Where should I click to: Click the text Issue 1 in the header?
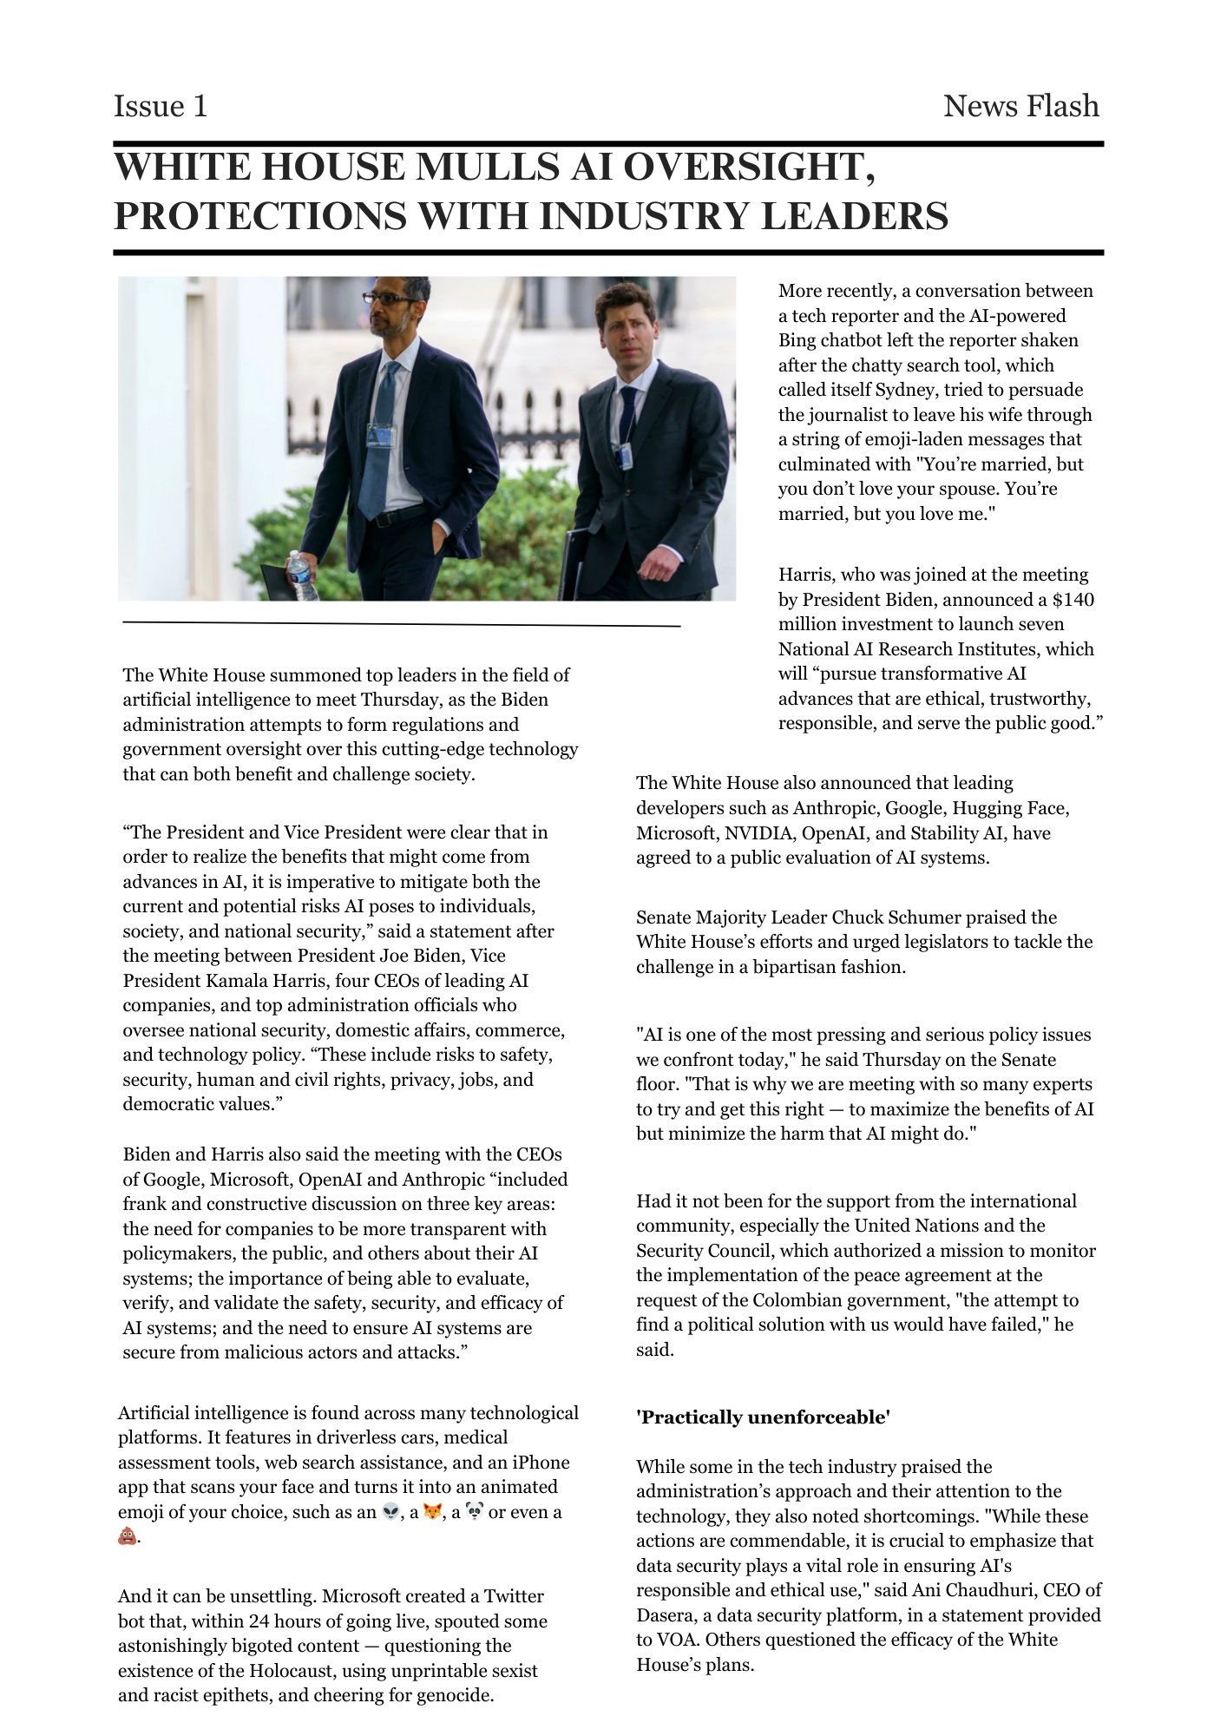tap(161, 106)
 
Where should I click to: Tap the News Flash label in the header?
tap(1020, 106)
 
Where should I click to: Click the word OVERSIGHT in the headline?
tap(748, 167)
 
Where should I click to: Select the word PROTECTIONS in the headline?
tap(260, 216)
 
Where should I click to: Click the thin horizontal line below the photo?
tap(401, 623)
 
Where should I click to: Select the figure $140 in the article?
tap(1073, 600)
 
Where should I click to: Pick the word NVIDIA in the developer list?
tap(760, 833)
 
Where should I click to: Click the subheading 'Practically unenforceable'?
tap(764, 1417)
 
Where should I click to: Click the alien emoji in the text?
tap(391, 1512)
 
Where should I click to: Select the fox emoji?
tap(432, 1512)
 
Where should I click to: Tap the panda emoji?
tap(475, 1512)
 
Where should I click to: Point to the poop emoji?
tap(128, 1537)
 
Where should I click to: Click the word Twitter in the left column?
tap(514, 1596)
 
